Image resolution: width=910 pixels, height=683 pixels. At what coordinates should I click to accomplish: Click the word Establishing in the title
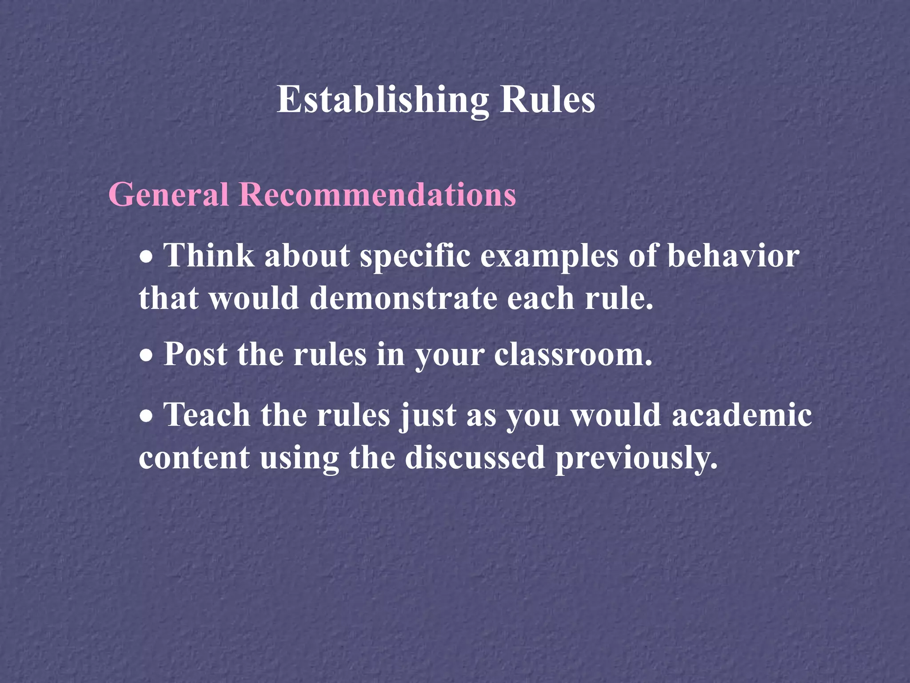coord(383,100)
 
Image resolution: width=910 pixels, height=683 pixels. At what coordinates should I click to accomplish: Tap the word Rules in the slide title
coord(547,100)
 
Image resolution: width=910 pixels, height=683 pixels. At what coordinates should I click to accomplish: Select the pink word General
coord(168,195)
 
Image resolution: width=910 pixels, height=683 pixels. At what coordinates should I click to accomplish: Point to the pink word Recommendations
coord(378,195)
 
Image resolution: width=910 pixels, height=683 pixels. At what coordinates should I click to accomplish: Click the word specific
coord(415,257)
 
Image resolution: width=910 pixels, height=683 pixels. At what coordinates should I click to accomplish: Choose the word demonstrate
coord(403,298)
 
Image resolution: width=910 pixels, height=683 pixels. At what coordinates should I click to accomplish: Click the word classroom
coord(573,355)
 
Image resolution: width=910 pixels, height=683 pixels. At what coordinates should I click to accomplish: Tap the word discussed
coord(475,458)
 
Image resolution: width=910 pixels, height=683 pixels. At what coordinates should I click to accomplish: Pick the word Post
coord(196,355)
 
